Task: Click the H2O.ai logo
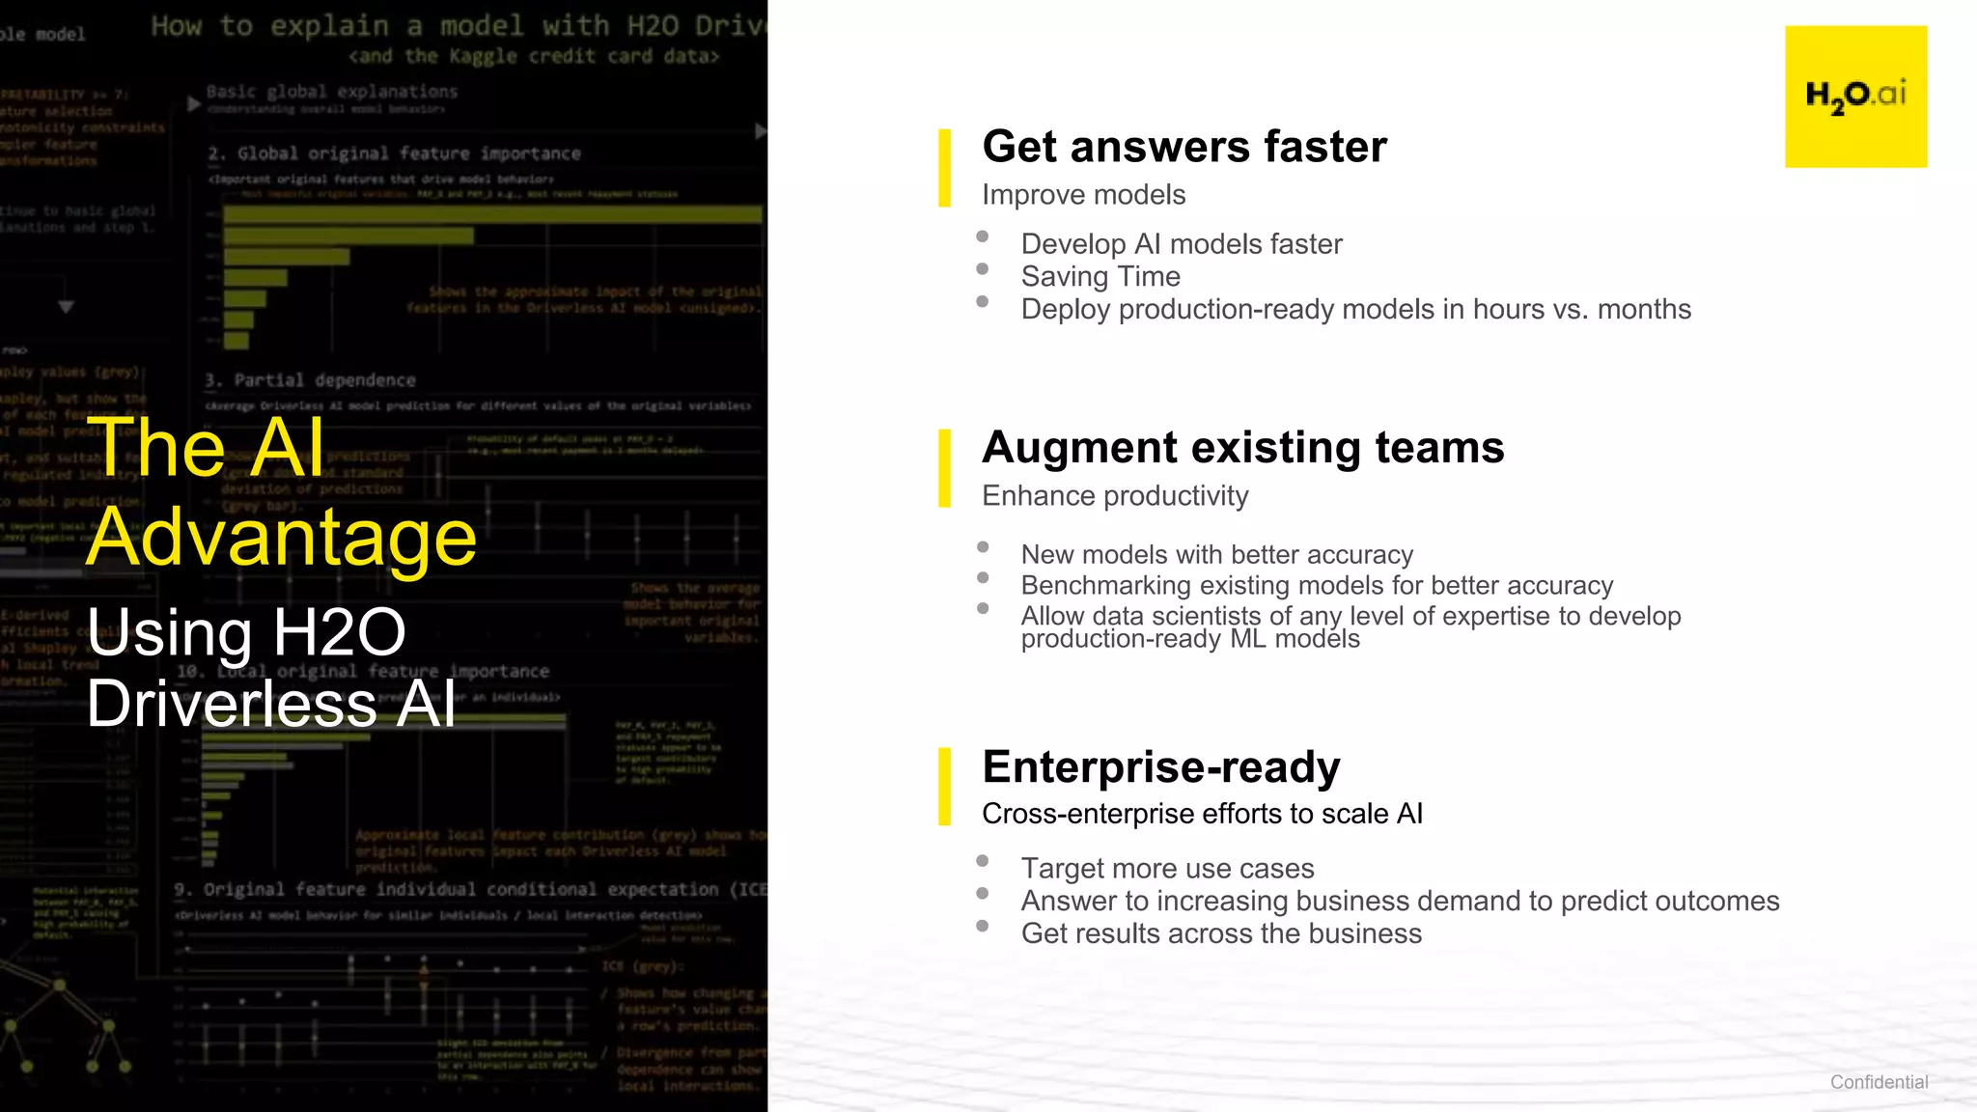(1855, 97)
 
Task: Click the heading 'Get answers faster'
(1184, 147)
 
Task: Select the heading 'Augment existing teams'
(1243, 448)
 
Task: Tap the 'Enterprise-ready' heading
(1161, 767)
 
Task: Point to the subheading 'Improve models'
(1083, 195)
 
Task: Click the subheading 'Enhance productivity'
(1115, 496)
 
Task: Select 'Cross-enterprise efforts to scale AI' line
(1202, 814)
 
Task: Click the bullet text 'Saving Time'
(1100, 277)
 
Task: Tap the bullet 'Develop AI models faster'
(1182, 244)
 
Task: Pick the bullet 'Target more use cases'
(1167, 869)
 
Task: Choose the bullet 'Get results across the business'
(1221, 933)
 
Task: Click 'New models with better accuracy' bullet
(1216, 555)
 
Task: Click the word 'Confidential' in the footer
(1879, 1082)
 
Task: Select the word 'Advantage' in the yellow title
(282, 537)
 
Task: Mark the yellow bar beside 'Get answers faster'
(944, 168)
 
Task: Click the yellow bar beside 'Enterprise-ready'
(944, 787)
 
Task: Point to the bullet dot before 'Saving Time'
(983, 269)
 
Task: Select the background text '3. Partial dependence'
(310, 380)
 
